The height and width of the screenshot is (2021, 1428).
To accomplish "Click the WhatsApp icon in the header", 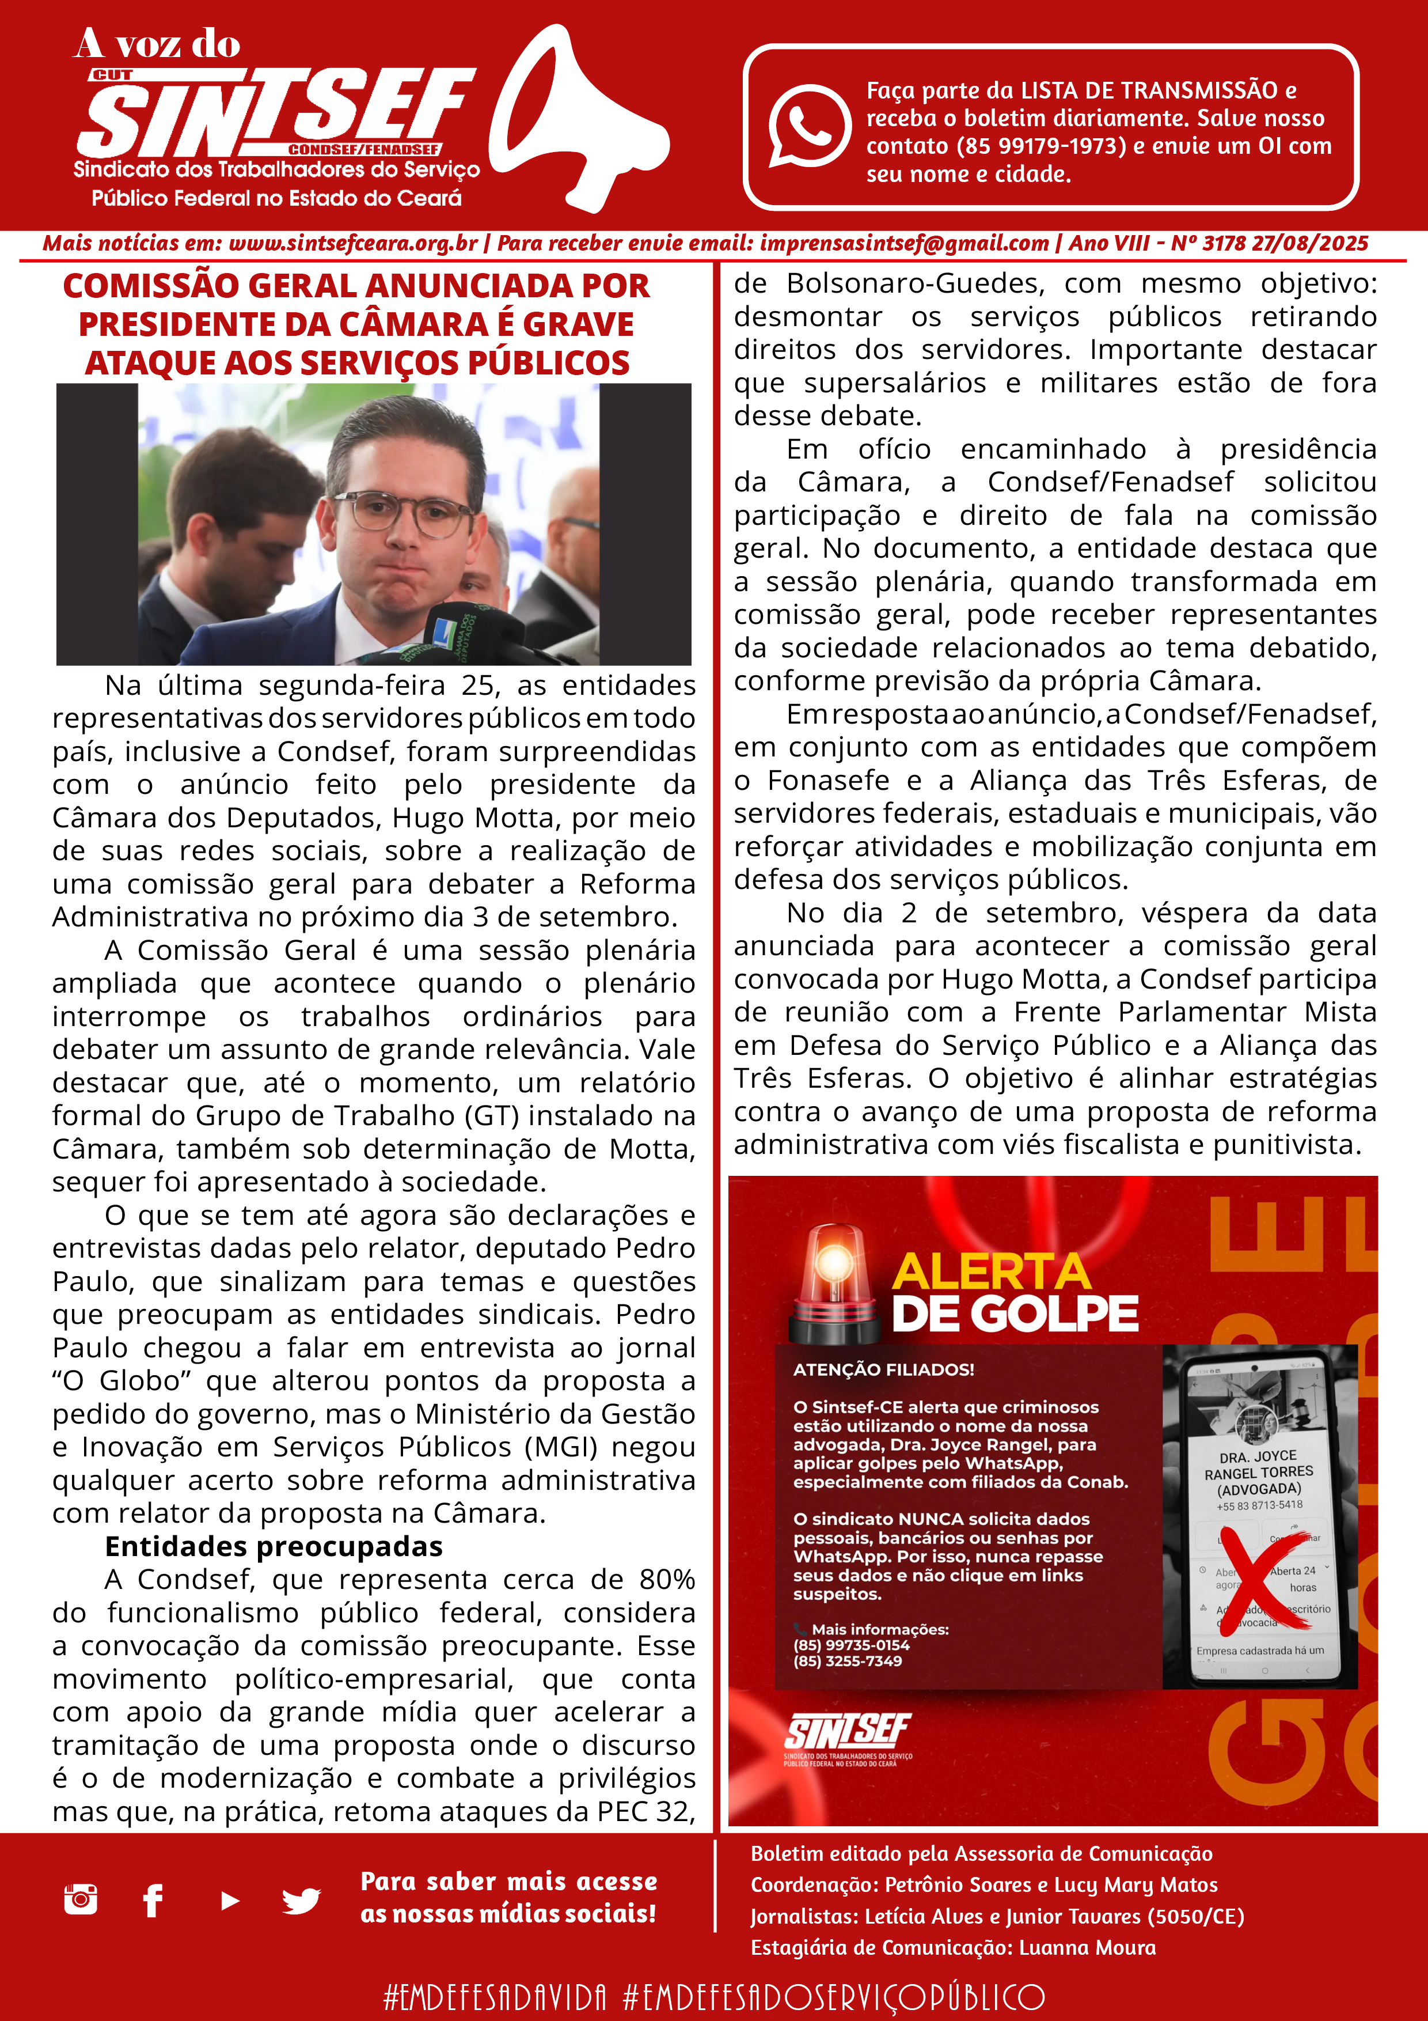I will point(808,126).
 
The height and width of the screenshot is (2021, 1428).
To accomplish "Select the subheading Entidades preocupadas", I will point(273,1546).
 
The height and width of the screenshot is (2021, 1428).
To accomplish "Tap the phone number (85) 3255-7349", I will point(847,1661).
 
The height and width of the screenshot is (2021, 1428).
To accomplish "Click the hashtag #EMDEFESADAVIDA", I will point(495,1996).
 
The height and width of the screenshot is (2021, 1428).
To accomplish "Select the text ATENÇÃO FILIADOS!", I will point(883,1369).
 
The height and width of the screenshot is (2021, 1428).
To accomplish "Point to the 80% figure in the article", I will point(667,1580).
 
